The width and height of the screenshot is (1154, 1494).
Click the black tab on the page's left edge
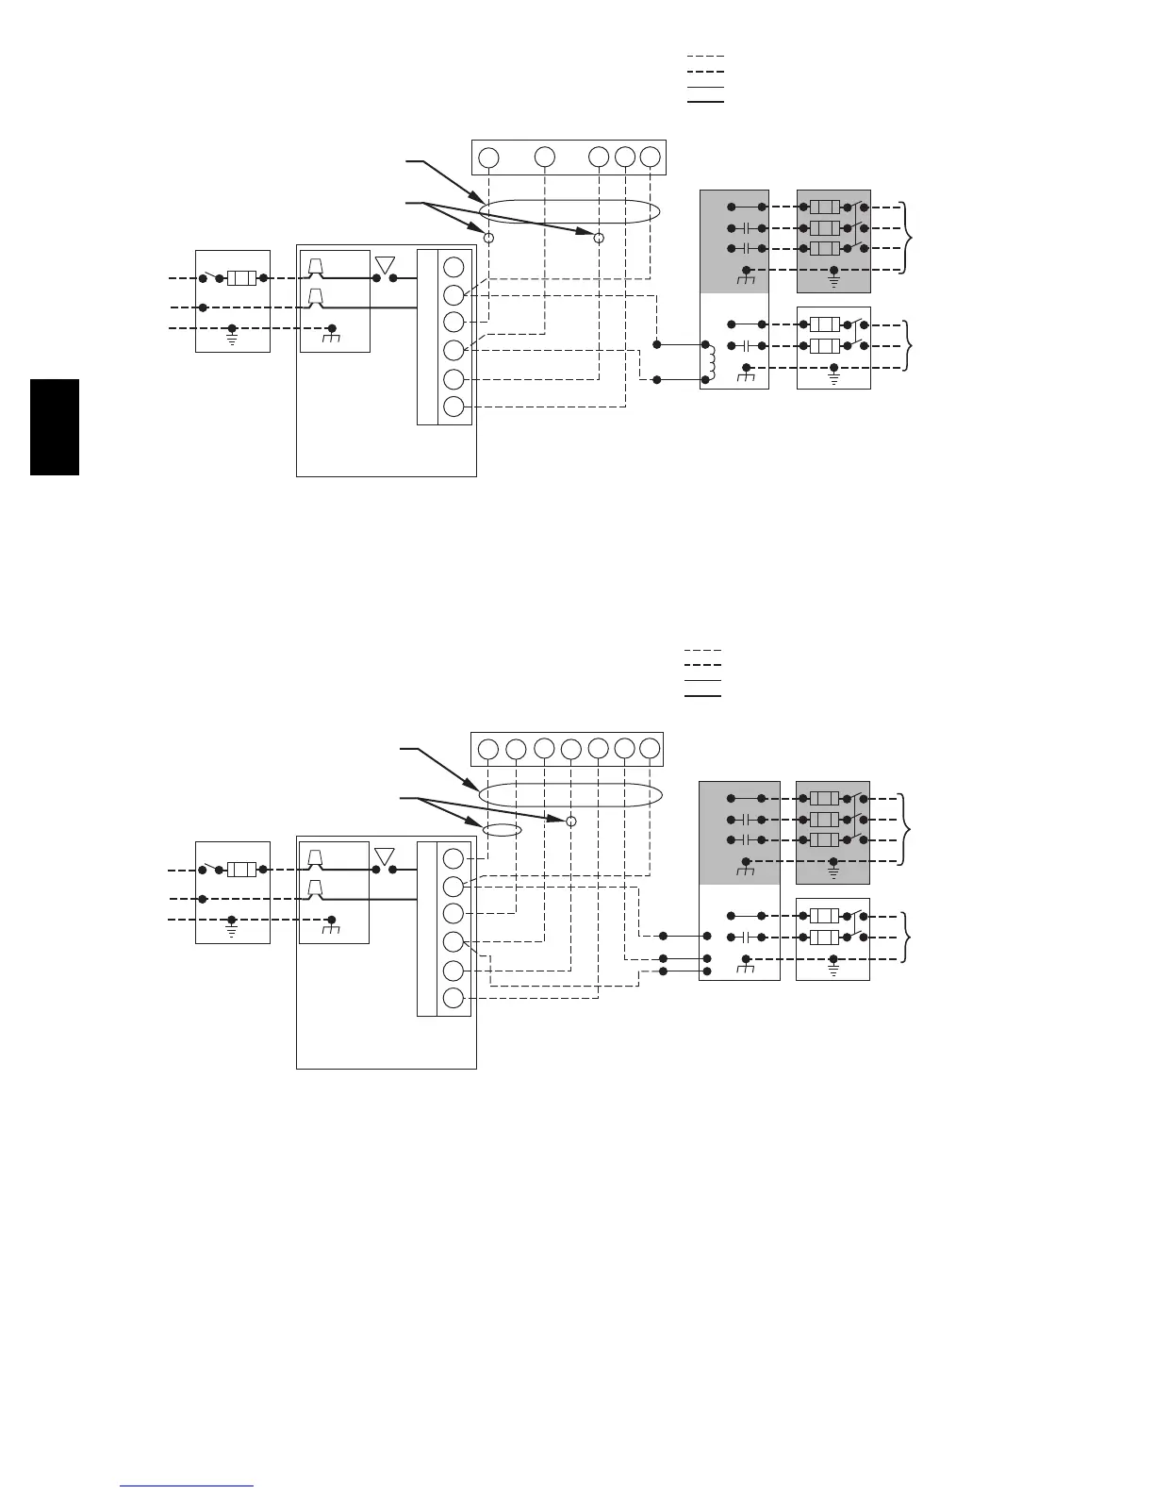point(55,427)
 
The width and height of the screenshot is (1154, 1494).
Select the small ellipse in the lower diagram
point(502,830)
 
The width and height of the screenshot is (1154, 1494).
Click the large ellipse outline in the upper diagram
point(566,212)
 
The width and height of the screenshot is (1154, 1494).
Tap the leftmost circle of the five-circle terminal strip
point(488,158)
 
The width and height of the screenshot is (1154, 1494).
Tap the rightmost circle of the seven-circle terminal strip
point(650,749)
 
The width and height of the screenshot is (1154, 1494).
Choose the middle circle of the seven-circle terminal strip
point(570,749)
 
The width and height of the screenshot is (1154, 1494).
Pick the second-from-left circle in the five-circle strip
point(544,158)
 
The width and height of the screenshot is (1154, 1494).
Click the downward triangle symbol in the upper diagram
point(385,265)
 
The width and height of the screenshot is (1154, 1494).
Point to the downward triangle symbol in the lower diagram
point(385,857)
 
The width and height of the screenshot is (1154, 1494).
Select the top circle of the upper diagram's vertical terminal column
point(453,266)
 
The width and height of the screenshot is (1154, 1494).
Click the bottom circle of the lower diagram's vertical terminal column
point(453,999)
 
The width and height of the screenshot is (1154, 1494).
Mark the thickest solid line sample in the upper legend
point(705,100)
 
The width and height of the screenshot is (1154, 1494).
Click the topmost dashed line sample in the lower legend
point(702,651)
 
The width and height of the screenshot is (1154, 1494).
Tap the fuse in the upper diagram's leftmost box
point(242,278)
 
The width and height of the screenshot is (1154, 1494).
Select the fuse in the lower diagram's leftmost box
point(242,870)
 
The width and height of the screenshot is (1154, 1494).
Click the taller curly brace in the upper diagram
point(908,238)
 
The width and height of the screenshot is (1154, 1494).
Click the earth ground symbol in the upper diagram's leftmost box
point(232,337)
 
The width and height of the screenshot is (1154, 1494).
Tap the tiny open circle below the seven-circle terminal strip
point(570,822)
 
